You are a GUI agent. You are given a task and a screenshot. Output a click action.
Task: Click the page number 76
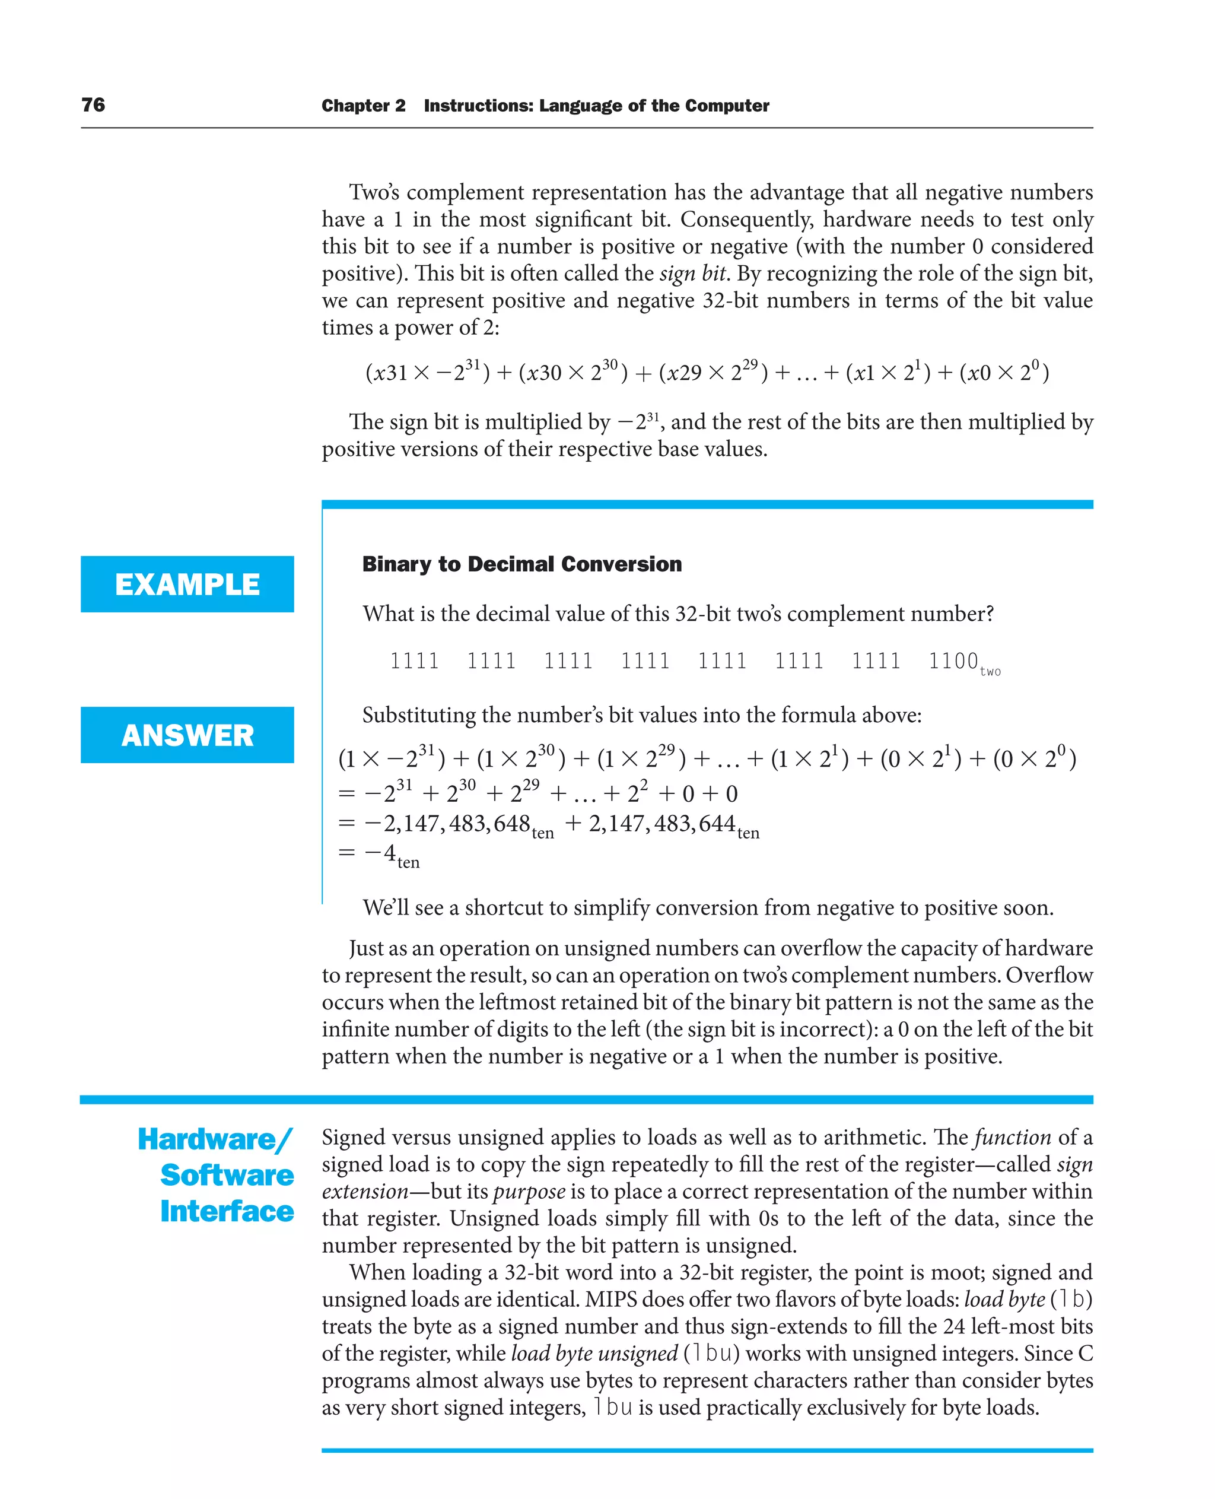[x=93, y=105]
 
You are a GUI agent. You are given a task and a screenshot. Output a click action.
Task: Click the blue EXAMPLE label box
[x=187, y=584]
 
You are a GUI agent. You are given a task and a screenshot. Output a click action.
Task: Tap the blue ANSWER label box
[x=187, y=735]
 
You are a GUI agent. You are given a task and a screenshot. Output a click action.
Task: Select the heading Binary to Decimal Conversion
[x=521, y=564]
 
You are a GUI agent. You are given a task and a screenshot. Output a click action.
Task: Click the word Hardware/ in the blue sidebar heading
[x=215, y=1140]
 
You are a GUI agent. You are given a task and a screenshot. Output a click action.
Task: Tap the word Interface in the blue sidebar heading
[x=227, y=1211]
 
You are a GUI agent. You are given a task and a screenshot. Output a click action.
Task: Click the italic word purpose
[x=529, y=1191]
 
